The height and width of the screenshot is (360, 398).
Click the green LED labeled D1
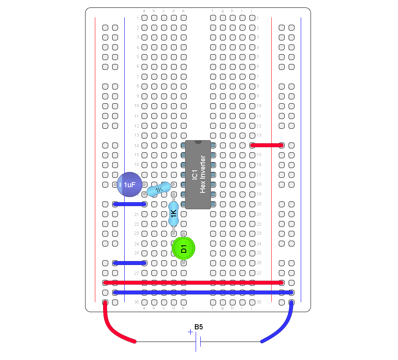coord(184,248)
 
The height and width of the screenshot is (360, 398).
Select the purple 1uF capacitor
coord(130,185)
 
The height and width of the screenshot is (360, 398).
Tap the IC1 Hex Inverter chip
coord(198,175)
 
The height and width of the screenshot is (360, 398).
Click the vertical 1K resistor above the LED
coord(173,214)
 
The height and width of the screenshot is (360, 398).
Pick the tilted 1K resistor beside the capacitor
coord(159,190)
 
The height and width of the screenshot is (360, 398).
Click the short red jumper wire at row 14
coord(267,145)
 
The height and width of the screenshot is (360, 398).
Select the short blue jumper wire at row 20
coord(129,204)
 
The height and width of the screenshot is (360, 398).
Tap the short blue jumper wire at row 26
coord(129,263)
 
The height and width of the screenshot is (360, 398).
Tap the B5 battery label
coord(199,327)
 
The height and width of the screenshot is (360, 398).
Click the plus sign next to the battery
coord(190,332)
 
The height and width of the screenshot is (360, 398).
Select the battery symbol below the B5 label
coord(198,342)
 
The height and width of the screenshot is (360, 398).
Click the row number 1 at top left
coord(138,18)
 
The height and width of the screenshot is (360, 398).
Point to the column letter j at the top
coord(252,11)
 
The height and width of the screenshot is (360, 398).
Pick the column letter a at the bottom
coord(144,308)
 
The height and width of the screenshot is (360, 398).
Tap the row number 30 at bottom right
coord(259,302)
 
